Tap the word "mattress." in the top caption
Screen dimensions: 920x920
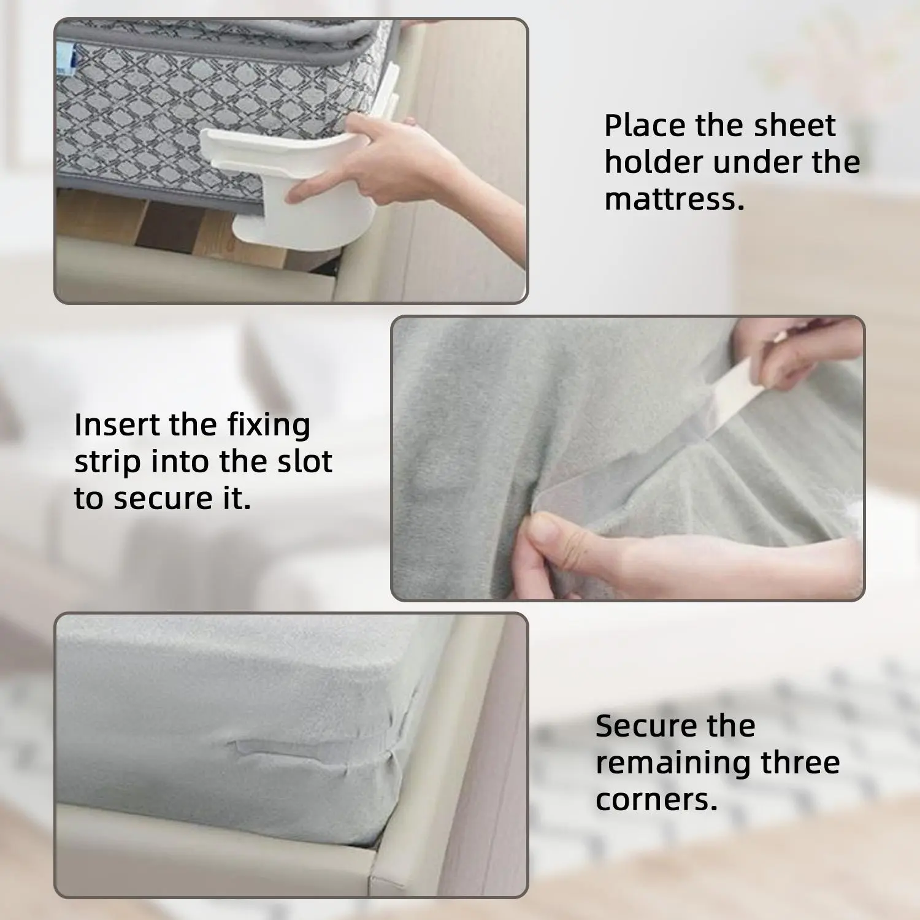pos(675,199)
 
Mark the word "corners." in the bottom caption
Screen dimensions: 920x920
pos(656,800)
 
